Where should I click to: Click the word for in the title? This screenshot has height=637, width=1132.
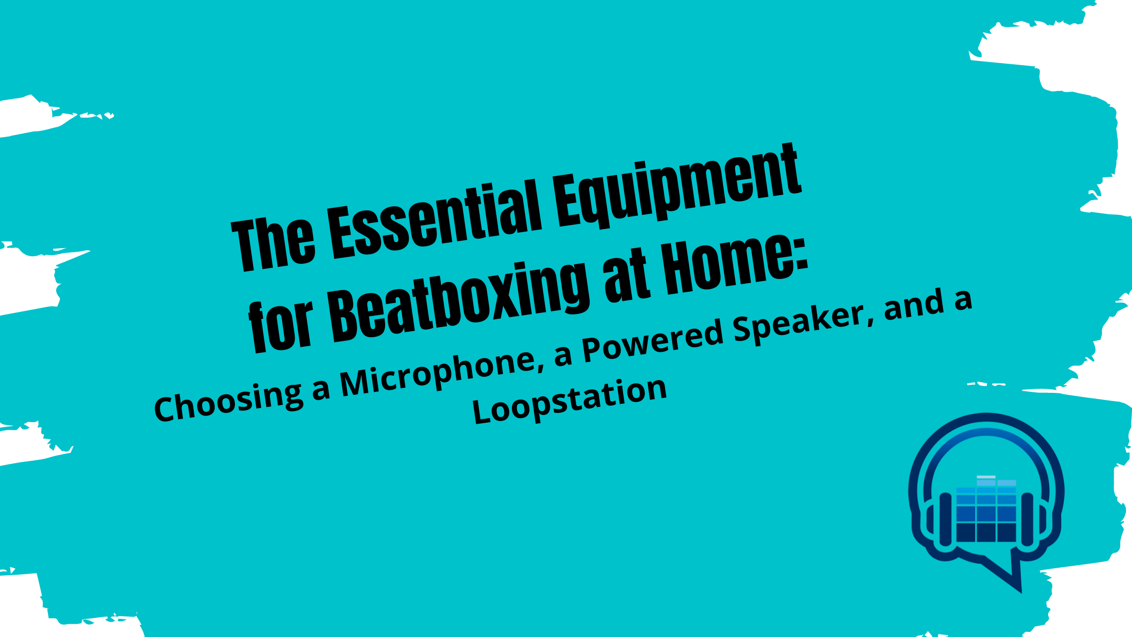[x=280, y=326]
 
